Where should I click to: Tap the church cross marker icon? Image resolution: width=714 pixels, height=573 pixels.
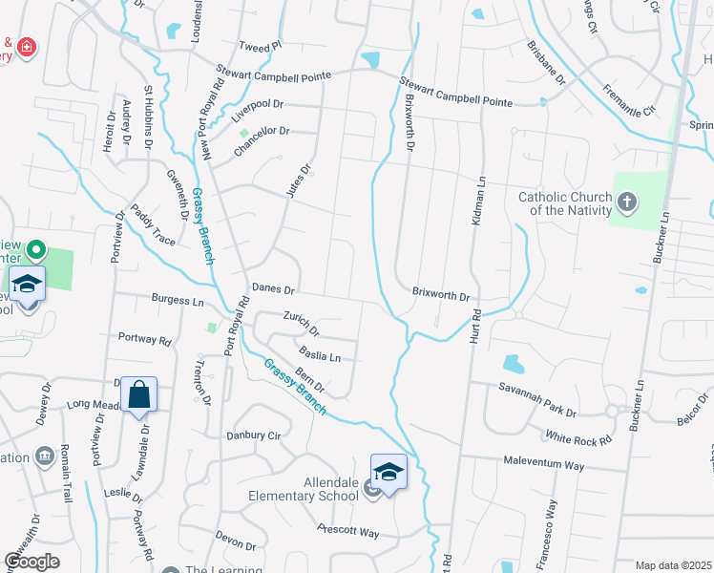coord(626,202)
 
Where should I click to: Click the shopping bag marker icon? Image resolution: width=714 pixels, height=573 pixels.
coord(139,394)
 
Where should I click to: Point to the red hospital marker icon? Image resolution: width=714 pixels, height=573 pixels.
coord(26,46)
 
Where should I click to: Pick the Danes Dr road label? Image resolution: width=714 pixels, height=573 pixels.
coord(274,287)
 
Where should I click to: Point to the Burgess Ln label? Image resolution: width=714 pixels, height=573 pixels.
coord(178,300)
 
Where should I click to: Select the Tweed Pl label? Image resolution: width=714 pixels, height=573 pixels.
coord(261,46)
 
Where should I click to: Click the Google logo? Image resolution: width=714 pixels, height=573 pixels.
coord(31,561)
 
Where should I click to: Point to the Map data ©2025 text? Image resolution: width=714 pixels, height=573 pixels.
coord(673,565)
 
